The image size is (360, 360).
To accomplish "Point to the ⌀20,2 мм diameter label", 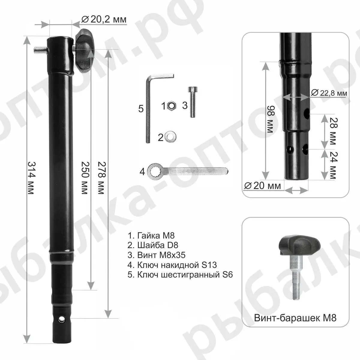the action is [104, 19].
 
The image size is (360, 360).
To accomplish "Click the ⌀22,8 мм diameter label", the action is [329, 93].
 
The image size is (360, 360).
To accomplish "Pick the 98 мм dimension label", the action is [271, 119].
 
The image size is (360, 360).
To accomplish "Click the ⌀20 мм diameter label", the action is [262, 186].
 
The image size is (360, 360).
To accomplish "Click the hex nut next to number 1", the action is [172, 106].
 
